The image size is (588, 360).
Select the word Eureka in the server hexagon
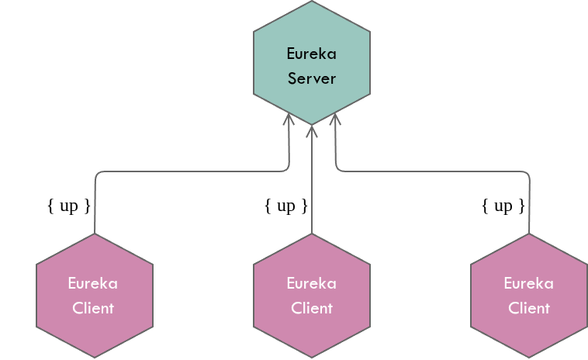coord(312,54)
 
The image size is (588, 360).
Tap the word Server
coord(312,78)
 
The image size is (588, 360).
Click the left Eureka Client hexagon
coord(94,296)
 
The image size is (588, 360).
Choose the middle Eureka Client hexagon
coord(312,296)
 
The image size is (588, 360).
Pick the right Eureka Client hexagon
coord(529,296)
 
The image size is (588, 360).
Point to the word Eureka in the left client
coord(93,283)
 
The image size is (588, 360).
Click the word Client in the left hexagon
coord(93,308)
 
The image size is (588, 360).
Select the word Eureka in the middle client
coord(312,283)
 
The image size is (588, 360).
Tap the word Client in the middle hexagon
coord(312,308)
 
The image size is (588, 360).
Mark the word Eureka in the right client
coord(529,283)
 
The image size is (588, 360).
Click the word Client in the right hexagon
coord(529,308)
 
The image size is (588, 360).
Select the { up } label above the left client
coord(69,206)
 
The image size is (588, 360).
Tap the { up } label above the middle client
coord(286,206)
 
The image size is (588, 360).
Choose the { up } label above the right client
coord(503,206)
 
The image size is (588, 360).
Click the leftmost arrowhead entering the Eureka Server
coord(289,119)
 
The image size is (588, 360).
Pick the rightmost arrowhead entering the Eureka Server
coord(335,119)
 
